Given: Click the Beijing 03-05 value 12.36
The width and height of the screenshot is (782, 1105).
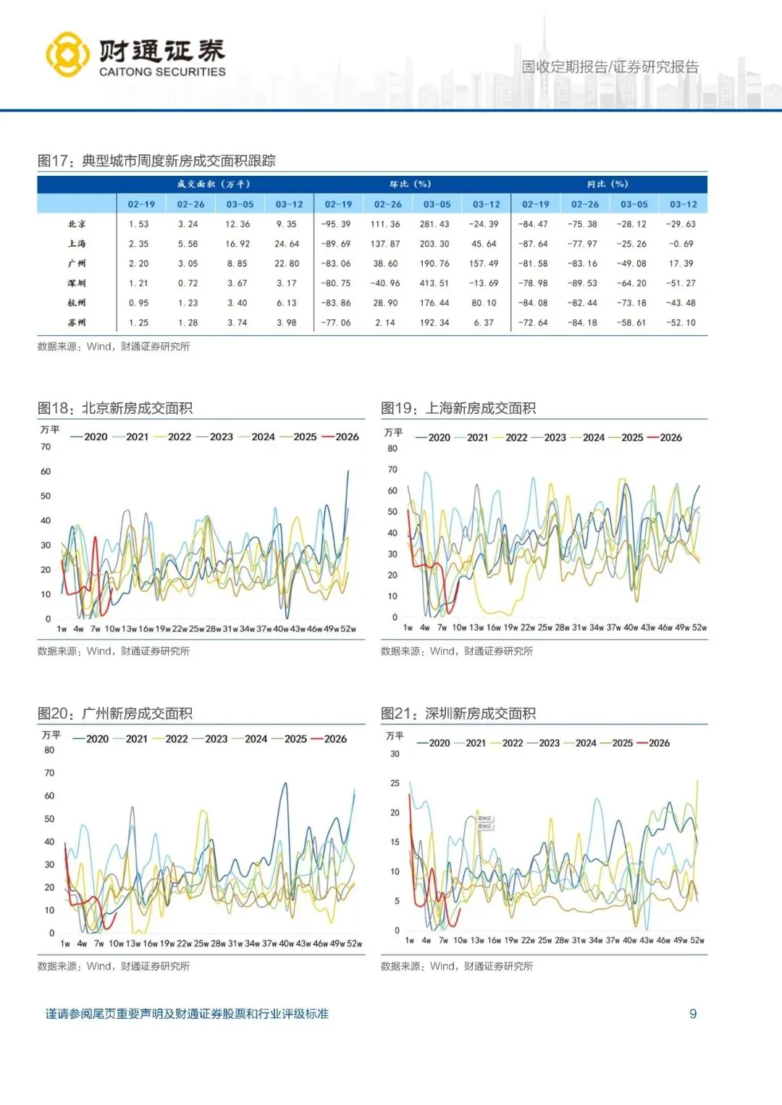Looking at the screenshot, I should coord(237,224).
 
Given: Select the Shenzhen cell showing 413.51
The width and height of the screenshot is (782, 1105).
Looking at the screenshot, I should coord(434,284).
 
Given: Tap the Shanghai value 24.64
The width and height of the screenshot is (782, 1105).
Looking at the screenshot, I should coord(287,244).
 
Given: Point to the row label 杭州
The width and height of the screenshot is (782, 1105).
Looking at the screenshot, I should coord(77,303).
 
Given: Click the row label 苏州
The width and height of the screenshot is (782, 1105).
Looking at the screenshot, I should coord(77,323).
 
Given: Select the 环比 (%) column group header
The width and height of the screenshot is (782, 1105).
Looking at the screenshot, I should coord(411,185).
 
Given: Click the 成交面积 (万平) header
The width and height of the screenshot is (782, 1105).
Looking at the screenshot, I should coord(214,185).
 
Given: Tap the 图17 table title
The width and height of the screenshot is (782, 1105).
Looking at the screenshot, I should coord(156,161).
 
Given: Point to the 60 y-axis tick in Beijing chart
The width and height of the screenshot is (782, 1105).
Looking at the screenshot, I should coord(46,472).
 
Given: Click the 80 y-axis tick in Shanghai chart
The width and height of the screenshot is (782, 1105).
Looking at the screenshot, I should coord(392,449).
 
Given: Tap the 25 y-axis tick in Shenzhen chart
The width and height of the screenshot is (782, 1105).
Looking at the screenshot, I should coord(395,783).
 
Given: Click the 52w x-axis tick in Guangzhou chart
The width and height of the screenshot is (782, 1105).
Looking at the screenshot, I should coord(354,944).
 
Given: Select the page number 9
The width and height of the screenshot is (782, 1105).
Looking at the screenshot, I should coord(693,1014).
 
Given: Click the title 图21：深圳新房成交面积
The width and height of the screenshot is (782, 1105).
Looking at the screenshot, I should coord(458,714).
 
